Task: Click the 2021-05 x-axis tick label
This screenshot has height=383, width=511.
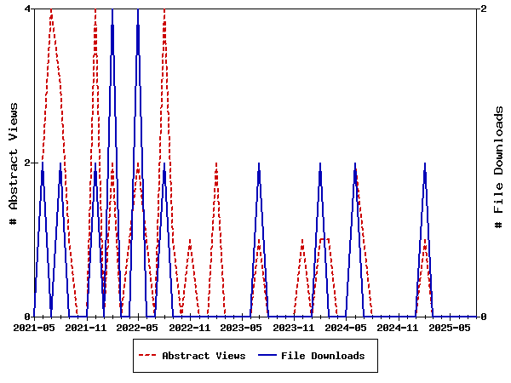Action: point(35,328)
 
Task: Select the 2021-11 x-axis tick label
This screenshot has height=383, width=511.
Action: point(87,328)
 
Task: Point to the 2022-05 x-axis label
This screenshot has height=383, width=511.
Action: point(139,328)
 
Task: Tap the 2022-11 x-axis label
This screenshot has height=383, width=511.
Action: point(191,328)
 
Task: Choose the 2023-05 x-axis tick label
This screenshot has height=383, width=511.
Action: point(243,328)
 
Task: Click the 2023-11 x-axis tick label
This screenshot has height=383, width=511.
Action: point(295,328)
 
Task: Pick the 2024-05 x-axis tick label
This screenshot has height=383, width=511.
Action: point(347,328)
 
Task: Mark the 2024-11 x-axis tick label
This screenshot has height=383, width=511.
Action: point(399,328)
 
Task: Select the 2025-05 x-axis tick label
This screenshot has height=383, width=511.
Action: point(451,328)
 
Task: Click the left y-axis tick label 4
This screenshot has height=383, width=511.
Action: point(28,9)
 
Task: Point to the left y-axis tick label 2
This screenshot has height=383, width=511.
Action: point(28,163)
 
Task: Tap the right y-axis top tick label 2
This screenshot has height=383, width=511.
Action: point(484,9)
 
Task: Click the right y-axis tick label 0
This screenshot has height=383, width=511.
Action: point(484,317)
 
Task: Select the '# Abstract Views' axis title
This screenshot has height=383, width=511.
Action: point(13,163)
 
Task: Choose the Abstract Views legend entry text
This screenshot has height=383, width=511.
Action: point(204,356)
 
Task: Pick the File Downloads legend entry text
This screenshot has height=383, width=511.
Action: point(323,356)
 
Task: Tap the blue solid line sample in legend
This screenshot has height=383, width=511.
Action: point(267,356)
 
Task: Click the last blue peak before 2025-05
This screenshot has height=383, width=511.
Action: point(425,163)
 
